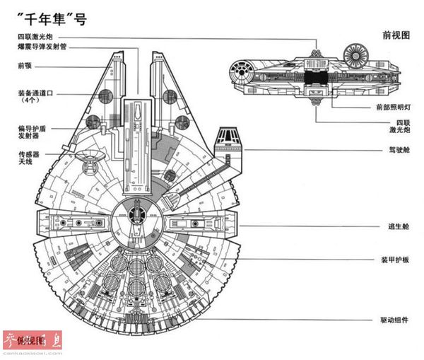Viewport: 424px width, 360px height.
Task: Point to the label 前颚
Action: click(x=25, y=66)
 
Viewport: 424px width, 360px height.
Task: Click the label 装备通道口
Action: click(x=35, y=93)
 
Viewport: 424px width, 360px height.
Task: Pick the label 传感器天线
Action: click(x=29, y=158)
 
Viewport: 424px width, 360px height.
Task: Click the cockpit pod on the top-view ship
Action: click(x=228, y=142)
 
